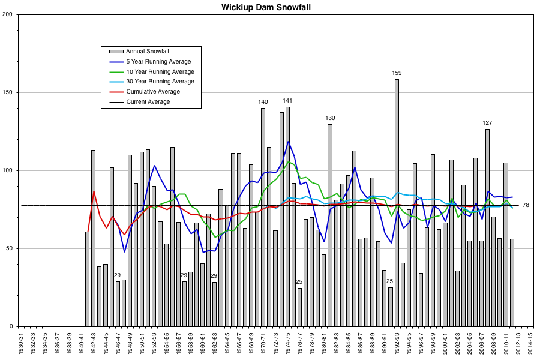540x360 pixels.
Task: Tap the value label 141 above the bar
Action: pos(287,101)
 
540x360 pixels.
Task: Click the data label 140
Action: pos(263,102)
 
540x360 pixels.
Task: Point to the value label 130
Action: pos(330,118)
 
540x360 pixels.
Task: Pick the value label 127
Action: pos(487,123)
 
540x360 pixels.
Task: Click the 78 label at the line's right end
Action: pos(526,205)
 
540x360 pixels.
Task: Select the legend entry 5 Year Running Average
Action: pos(158,61)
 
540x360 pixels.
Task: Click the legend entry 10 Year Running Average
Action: pos(160,71)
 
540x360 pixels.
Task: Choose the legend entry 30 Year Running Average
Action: pos(160,81)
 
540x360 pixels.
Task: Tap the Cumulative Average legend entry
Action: pos(153,91)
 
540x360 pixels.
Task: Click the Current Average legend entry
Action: pos(148,101)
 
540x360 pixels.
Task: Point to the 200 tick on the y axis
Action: pos(10,14)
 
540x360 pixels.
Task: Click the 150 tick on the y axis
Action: pos(10,92)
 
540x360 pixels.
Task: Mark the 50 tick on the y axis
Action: pos(11,248)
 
